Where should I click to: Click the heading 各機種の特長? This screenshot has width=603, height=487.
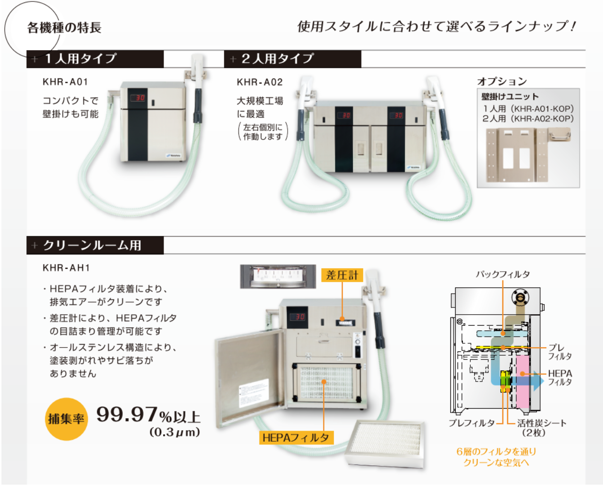click(x=64, y=28)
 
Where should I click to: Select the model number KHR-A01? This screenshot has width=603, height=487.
click(x=65, y=82)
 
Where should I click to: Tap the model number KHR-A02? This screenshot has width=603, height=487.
click(x=260, y=82)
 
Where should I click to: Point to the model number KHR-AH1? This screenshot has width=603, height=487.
click(x=66, y=268)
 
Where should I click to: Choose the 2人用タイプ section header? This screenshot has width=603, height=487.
click(x=277, y=59)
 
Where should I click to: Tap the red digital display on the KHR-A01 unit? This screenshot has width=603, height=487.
click(x=138, y=98)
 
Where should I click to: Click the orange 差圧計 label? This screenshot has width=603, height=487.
click(x=342, y=275)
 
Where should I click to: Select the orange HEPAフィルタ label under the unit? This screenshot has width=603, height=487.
click(x=296, y=437)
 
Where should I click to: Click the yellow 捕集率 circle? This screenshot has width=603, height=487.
click(x=66, y=419)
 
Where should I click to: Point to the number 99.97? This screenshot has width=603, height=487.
click(x=127, y=414)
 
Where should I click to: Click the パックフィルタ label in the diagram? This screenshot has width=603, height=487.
click(x=502, y=274)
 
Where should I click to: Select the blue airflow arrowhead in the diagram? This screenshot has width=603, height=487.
click(x=538, y=381)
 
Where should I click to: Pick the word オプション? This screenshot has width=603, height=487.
click(x=502, y=81)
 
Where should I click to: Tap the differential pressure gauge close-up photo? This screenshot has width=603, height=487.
click(x=278, y=276)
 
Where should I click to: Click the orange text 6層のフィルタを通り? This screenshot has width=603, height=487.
click(x=496, y=451)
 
